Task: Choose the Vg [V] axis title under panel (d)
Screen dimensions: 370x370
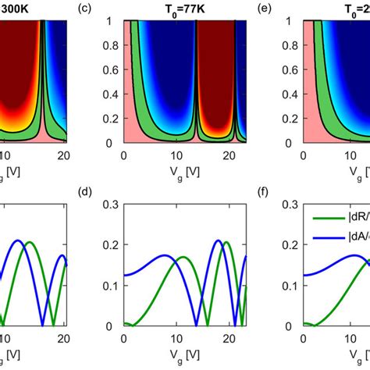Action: click(182, 354)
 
